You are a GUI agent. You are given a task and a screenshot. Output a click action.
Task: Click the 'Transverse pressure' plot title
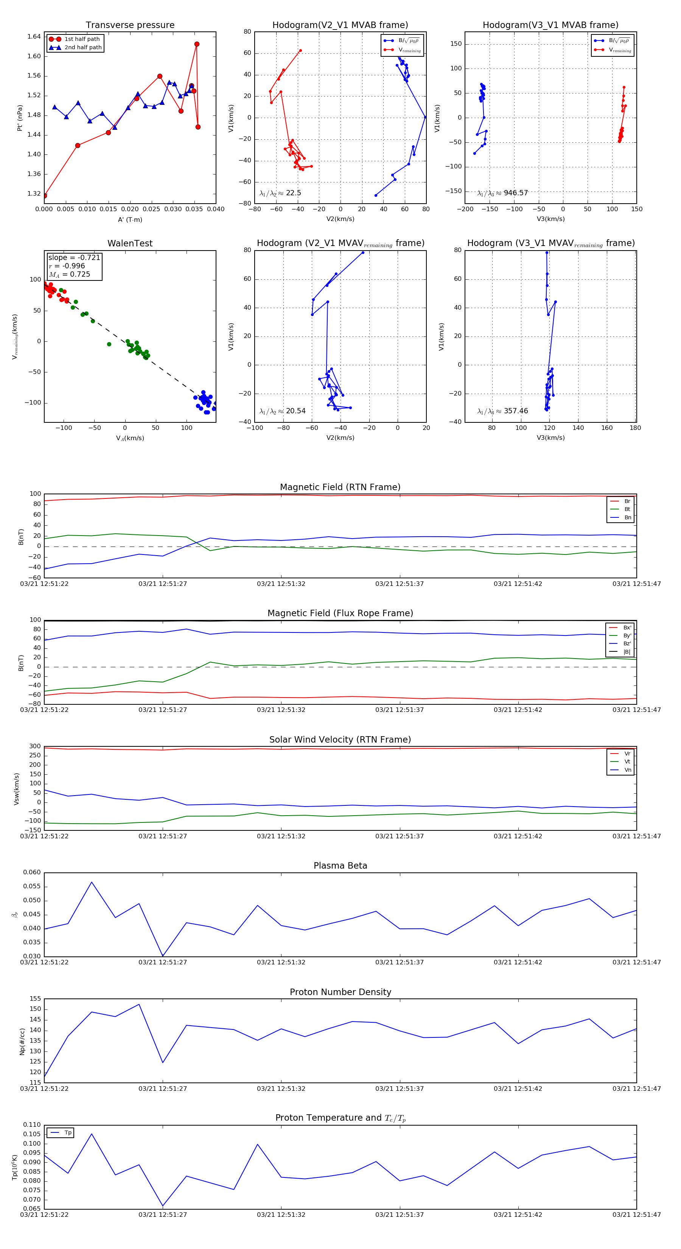click(x=130, y=25)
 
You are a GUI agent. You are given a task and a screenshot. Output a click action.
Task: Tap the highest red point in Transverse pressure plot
click(x=197, y=44)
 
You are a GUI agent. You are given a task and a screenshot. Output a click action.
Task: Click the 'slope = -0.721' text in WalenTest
click(x=74, y=257)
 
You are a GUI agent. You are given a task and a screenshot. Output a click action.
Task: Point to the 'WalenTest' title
click(x=130, y=243)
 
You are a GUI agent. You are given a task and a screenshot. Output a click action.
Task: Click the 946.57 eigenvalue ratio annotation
click(x=503, y=193)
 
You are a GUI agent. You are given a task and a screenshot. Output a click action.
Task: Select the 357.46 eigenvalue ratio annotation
click(x=503, y=411)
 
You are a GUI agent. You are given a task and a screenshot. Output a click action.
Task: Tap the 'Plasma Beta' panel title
click(x=340, y=866)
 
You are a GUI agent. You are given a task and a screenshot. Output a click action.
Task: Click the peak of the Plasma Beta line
click(x=92, y=882)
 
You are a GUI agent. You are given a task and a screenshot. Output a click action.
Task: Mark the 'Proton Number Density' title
click(x=340, y=992)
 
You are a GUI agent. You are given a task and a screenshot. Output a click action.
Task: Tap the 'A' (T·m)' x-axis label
click(x=130, y=220)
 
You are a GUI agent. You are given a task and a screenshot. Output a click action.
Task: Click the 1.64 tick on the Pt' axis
click(x=34, y=36)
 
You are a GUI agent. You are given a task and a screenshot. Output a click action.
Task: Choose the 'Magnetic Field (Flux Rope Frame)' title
click(x=340, y=614)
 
